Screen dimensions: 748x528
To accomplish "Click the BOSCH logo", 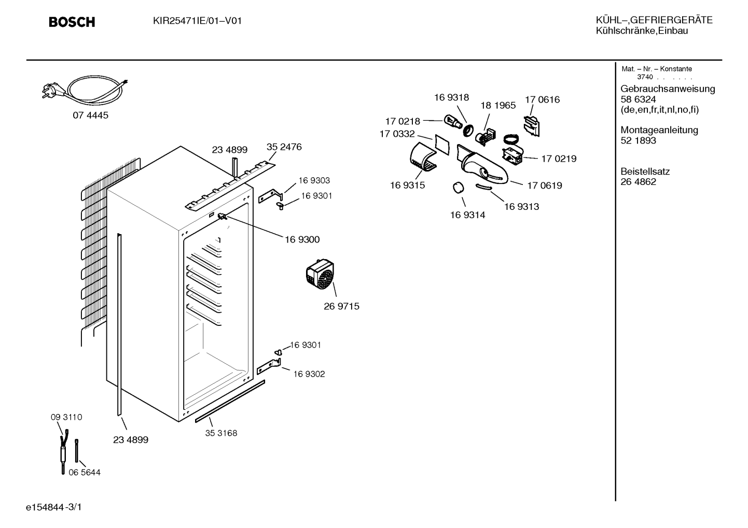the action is (x=72, y=22).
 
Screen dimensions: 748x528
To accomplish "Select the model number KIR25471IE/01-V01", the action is (x=197, y=21).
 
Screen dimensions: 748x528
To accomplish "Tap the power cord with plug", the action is (x=85, y=88).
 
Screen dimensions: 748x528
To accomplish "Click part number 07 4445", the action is (x=90, y=116).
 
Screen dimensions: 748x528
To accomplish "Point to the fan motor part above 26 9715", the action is (x=320, y=274).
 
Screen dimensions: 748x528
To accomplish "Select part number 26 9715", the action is (x=342, y=306).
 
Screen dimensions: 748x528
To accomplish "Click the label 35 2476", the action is (x=284, y=147).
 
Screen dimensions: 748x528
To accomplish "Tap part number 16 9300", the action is (x=302, y=239).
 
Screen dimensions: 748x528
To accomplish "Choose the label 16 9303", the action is (x=314, y=180).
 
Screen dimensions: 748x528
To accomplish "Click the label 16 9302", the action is (x=309, y=374).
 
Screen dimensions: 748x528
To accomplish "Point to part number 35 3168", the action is (x=221, y=433).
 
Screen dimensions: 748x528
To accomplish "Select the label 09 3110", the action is (x=66, y=417).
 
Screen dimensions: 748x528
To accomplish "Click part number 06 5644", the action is (x=85, y=472).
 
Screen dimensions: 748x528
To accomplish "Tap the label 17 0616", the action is (x=543, y=99).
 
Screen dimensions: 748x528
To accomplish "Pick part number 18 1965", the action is (x=498, y=105).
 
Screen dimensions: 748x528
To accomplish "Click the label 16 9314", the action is (x=468, y=215).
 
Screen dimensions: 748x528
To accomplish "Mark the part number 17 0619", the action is (x=545, y=185).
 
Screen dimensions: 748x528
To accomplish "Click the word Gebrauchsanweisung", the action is (x=668, y=89).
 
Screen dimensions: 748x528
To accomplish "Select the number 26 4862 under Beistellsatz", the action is (x=639, y=182).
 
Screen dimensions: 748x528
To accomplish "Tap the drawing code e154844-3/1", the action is (x=54, y=507).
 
